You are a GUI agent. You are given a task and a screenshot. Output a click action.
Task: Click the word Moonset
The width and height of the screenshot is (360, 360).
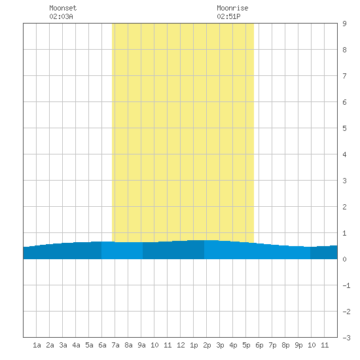point(63,8)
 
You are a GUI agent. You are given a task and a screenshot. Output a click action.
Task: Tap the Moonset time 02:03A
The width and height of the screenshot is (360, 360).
point(61,16)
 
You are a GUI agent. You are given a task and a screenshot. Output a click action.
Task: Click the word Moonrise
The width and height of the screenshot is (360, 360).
point(232,8)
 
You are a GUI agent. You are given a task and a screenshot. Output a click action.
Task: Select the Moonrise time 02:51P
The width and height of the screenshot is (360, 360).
point(228,16)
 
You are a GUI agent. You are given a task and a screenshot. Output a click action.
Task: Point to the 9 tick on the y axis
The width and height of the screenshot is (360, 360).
point(344,24)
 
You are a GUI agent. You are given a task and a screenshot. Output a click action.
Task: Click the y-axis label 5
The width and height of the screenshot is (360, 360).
point(344,128)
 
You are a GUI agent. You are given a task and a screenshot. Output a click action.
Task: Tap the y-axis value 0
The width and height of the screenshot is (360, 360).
point(344,259)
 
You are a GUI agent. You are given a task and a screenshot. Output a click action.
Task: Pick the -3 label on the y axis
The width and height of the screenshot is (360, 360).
point(346,338)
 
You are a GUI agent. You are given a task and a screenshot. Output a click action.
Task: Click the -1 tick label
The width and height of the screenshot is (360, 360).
point(346,285)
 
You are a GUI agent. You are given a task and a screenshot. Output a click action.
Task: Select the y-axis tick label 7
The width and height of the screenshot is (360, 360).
point(344,76)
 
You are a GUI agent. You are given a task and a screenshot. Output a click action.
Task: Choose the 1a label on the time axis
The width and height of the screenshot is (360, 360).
point(37,345)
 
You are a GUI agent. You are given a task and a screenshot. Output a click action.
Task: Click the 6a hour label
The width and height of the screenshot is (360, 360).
point(102,345)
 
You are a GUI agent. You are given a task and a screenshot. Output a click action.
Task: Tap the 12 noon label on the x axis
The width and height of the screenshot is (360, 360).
point(181,345)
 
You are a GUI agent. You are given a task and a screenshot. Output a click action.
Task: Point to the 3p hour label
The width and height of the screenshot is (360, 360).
point(220,345)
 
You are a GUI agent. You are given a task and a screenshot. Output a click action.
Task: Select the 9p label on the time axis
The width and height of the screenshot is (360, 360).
point(298,345)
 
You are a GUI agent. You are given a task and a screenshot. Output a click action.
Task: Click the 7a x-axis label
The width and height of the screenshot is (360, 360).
point(115,345)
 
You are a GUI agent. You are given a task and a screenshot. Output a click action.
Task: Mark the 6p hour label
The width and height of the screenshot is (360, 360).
point(259,345)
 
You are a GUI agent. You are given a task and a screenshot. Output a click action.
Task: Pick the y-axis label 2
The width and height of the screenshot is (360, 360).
point(344,207)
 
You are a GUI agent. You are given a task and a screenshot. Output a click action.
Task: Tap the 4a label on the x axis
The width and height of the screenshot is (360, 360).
point(76,345)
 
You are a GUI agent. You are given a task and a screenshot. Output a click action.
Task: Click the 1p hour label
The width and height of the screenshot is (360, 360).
point(194,345)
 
